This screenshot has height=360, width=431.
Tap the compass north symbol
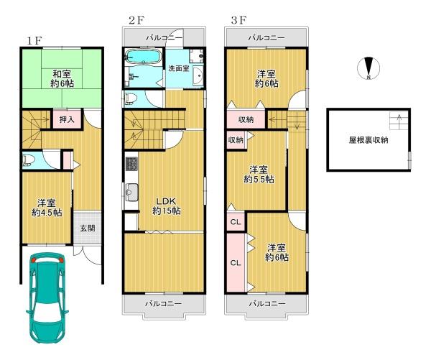click(369, 68)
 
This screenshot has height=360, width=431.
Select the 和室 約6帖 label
click(62, 78)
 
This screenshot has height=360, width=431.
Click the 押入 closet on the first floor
click(67, 119)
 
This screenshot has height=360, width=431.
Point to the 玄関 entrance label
click(88, 228)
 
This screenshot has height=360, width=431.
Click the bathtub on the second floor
click(142, 57)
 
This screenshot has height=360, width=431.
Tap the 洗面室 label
click(179, 68)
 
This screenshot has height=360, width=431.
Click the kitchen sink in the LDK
click(131, 192)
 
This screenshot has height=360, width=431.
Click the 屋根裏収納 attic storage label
click(369, 140)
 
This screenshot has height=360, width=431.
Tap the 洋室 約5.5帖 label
click(259, 175)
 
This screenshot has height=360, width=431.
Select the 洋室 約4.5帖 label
click(47, 208)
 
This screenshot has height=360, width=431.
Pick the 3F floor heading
click(238, 20)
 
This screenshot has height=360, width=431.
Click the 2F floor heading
click(136, 20)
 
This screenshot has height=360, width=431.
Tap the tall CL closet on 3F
click(236, 263)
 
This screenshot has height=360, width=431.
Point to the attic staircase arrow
click(399, 119)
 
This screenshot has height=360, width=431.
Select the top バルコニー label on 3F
click(267, 37)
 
